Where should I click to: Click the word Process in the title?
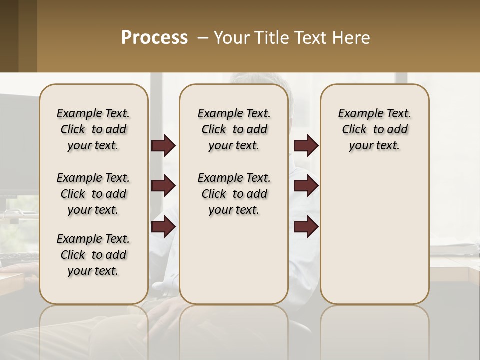click(154, 38)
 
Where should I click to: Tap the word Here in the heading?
click(351, 38)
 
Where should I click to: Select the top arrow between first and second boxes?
click(163, 146)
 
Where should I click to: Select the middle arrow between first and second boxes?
click(163, 186)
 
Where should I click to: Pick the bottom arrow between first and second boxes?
click(163, 227)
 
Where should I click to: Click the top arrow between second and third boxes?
click(306, 146)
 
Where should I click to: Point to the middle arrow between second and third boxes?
click(306, 186)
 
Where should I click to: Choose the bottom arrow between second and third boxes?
click(306, 227)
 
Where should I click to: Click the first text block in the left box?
click(93, 129)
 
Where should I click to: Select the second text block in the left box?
click(93, 194)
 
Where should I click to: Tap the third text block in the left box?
click(93, 255)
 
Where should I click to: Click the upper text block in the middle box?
click(234, 129)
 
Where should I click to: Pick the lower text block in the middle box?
click(234, 194)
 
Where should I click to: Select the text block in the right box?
click(374, 129)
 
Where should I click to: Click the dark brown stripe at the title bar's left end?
click(9, 36)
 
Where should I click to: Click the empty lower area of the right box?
click(374, 235)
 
